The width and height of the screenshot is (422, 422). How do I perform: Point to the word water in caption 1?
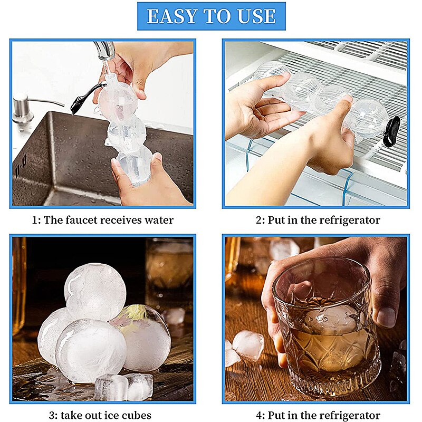[x=158, y=220]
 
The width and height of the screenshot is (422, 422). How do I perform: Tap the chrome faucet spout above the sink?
[x=105, y=51]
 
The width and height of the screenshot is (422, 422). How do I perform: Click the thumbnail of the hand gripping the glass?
[x=387, y=316]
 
